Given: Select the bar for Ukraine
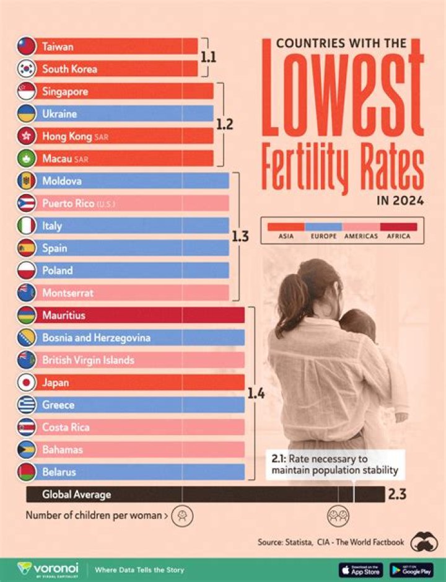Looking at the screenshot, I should (x=124, y=114).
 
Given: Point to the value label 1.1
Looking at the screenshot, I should (x=208, y=57).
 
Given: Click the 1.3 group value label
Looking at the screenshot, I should (x=240, y=237).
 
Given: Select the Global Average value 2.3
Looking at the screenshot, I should (x=396, y=495).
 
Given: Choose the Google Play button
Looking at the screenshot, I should (x=411, y=569).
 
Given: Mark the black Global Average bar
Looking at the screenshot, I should (x=204, y=494).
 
